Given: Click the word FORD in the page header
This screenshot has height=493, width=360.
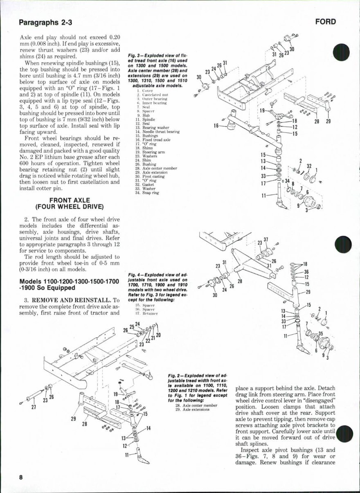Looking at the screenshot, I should (x=326, y=22).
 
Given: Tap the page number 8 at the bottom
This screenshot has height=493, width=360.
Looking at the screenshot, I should (x=20, y=477).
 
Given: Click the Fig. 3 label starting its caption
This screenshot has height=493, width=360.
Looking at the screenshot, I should (x=135, y=54).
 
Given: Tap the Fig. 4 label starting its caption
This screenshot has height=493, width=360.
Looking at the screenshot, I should (x=135, y=274).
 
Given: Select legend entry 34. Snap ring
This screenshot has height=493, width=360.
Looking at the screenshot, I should (x=146, y=193).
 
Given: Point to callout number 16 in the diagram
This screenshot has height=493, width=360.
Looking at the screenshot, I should (x=216, y=126).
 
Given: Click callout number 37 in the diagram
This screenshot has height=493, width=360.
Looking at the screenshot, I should (x=266, y=239).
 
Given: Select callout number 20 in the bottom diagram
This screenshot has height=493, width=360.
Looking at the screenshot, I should (x=158, y=335).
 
